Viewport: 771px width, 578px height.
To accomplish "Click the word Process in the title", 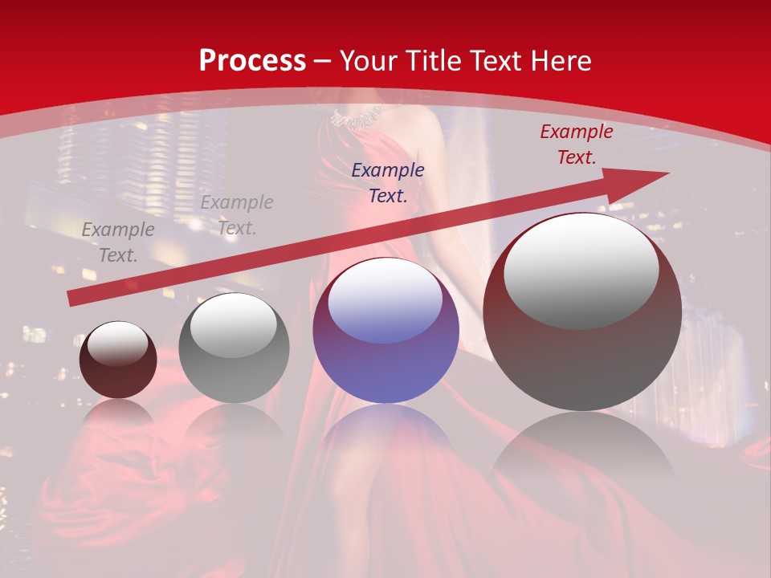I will tap(252, 61).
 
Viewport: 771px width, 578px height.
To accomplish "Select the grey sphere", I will tap(233, 349).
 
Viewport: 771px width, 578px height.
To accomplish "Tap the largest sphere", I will tap(582, 313).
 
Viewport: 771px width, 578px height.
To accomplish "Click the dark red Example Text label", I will tap(576, 144).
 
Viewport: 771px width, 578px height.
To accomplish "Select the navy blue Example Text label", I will tap(388, 183).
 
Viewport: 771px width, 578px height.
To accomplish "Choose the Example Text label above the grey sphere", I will tap(237, 215).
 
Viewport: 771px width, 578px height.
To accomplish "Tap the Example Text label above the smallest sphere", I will tap(118, 242).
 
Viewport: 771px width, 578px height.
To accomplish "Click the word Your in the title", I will tap(367, 61).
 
